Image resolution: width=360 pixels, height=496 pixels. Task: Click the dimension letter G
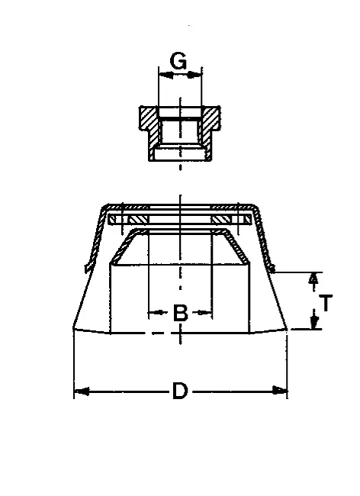178,61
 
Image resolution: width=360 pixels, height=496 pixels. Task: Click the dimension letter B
181,313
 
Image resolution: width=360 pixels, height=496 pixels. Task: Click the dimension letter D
180,391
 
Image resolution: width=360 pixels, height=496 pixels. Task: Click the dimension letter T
326,303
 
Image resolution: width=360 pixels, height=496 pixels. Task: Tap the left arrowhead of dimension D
82,391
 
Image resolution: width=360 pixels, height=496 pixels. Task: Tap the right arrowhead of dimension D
280,391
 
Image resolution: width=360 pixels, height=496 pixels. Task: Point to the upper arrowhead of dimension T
313,279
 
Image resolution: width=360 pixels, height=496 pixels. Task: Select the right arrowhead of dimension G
194,76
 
